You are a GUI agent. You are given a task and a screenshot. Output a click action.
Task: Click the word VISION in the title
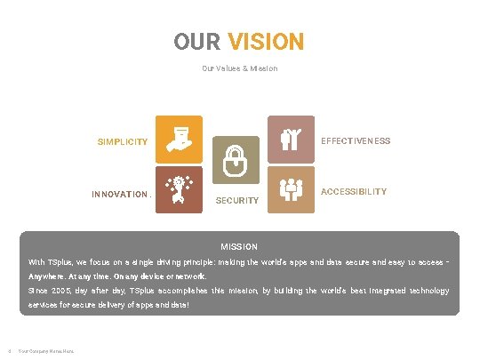266,42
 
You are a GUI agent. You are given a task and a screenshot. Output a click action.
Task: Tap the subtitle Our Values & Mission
240,68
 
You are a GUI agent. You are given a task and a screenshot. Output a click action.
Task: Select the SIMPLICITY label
123,142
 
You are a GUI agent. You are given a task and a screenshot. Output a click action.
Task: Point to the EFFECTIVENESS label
356,141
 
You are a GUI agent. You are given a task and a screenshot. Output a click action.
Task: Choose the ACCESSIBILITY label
354,192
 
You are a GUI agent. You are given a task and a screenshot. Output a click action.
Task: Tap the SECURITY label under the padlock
238,201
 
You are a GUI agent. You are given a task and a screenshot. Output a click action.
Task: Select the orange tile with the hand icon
179,139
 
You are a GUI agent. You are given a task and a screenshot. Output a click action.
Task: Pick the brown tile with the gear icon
179,190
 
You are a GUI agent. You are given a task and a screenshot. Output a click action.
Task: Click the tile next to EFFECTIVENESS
291,139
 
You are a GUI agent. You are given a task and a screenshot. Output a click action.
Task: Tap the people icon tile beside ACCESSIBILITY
291,190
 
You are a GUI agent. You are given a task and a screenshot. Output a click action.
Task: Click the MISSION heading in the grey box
239,246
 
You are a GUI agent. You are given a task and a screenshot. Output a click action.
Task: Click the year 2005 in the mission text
59,291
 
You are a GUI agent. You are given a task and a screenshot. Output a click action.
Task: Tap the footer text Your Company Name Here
46,349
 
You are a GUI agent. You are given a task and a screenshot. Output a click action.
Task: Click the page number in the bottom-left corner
7,349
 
